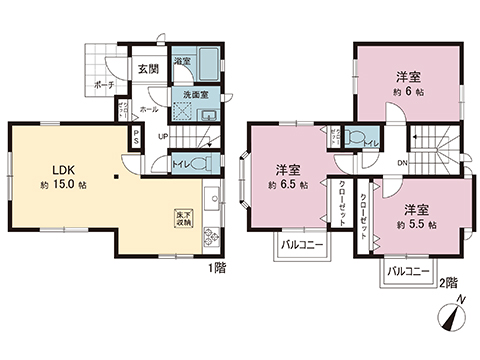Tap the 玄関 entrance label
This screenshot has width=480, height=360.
[148, 69]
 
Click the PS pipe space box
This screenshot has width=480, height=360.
[136, 139]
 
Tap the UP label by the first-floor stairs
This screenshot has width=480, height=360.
[162, 135]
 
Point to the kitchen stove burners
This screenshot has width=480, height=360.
[212, 237]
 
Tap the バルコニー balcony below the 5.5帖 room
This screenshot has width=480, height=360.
[406, 272]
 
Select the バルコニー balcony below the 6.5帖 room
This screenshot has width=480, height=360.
[301, 243]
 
